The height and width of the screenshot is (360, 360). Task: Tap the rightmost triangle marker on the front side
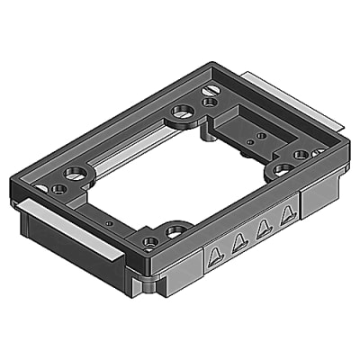[287, 214]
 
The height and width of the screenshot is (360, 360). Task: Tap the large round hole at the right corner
[282, 167]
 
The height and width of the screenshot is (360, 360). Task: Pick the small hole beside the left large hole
[57, 189]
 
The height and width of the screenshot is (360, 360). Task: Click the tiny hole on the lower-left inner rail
[108, 221]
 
